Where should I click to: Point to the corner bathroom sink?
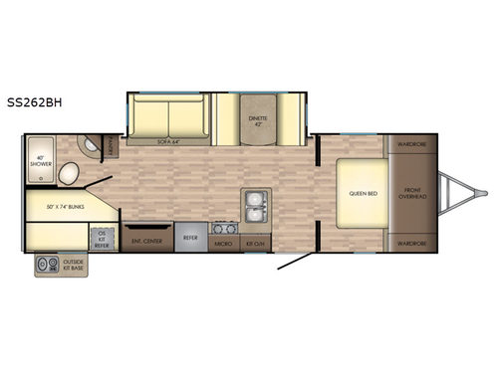point(96,144)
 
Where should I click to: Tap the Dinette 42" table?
point(257,121)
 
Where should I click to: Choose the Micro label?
point(225,241)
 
